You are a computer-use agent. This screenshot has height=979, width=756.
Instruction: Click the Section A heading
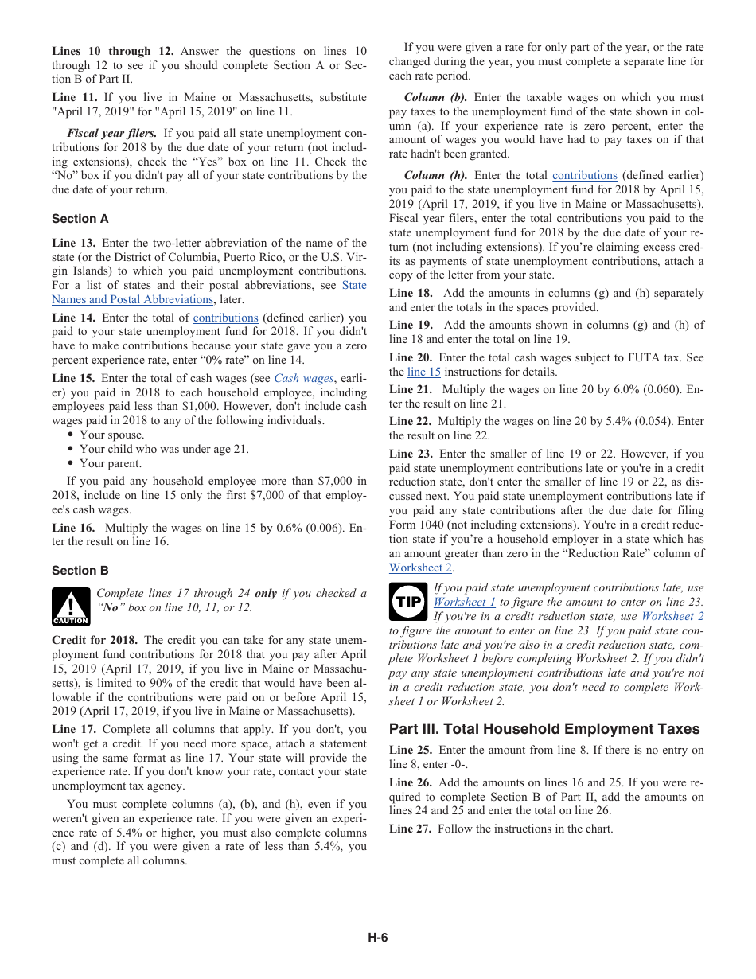click(80, 219)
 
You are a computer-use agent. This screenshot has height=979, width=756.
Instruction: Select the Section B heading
click(80, 571)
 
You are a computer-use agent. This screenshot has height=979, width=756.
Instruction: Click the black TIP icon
click(408, 603)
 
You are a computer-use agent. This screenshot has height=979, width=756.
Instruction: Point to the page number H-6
click(377, 938)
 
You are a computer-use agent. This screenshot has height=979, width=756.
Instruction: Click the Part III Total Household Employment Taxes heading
click(544, 729)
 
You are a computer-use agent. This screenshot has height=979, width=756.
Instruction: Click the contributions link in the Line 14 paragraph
click(225, 318)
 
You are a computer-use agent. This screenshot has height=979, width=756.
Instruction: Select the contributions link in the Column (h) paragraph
click(585, 175)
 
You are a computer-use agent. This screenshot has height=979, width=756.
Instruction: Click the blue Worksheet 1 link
click(464, 603)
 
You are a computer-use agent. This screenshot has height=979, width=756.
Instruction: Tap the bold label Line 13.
click(74, 243)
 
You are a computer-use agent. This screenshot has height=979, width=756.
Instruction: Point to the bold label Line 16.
click(74, 528)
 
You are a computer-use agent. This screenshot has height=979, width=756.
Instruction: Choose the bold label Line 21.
click(411, 389)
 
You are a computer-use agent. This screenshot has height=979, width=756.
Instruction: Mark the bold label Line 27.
click(411, 829)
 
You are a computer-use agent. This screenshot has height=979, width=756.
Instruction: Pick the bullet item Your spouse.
click(111, 435)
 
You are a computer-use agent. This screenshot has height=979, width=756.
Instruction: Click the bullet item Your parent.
click(110, 463)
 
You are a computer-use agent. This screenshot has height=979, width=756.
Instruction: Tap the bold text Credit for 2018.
click(95, 640)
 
